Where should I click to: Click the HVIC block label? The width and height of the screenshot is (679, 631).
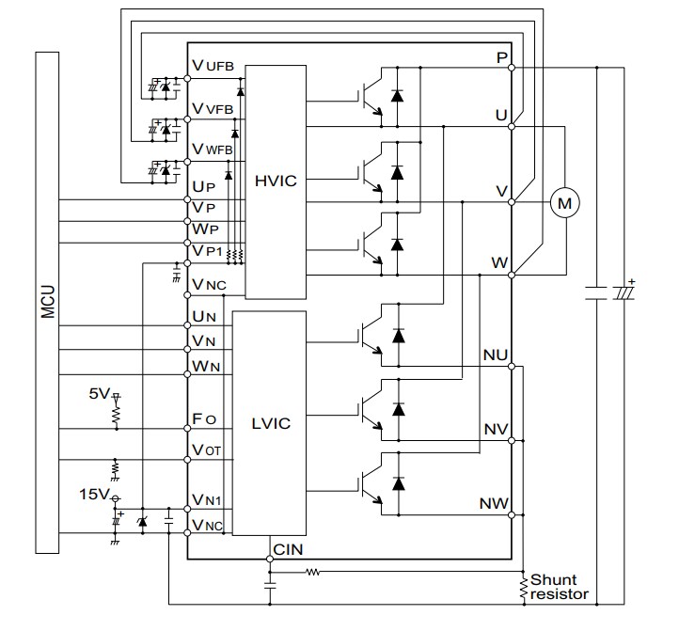tap(275, 180)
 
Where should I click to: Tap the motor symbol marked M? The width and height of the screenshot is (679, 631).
tap(564, 200)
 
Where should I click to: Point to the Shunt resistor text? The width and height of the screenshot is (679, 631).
tap(559, 587)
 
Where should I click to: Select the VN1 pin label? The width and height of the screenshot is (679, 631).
tap(207, 501)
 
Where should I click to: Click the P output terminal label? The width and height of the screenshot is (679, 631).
tap(502, 57)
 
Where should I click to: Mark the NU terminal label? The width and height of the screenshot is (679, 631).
tap(496, 355)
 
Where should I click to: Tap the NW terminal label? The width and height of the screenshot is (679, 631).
tap(496, 503)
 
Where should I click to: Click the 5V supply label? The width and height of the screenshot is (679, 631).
tap(98, 392)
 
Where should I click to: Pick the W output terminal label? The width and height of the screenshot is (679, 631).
tap(500, 261)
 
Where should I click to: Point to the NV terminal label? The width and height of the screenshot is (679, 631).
tap(496, 429)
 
